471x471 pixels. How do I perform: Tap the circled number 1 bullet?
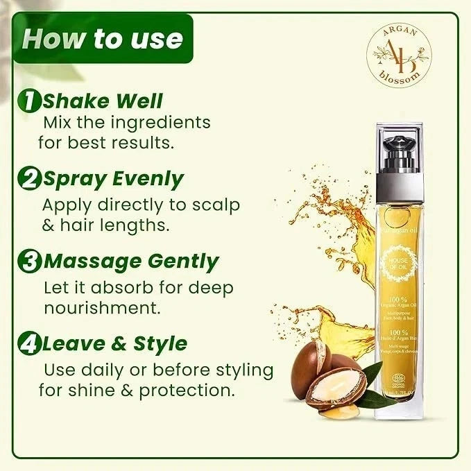(31, 101)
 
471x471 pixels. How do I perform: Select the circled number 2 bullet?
(31, 179)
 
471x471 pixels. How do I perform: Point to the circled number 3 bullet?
(31, 262)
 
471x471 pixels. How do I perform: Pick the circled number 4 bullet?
(31, 343)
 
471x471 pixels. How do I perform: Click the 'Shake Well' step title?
(102, 101)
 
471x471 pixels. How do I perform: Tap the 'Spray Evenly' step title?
(112, 179)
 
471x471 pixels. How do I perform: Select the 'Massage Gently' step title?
(130, 262)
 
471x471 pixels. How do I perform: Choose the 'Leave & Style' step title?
(114, 343)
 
